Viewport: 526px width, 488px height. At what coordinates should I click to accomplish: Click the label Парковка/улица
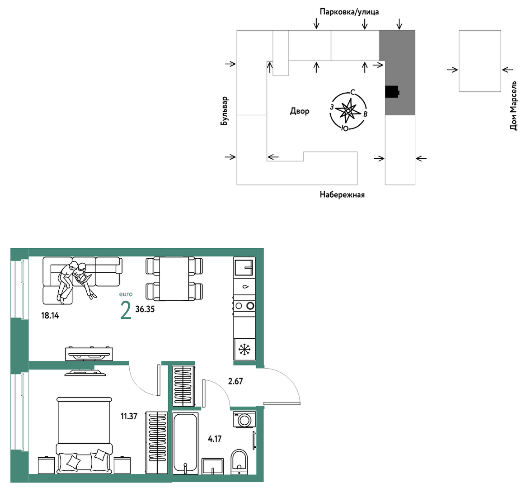pyautogui.click(x=349, y=12)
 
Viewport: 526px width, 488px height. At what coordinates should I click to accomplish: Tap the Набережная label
pyautogui.click(x=342, y=195)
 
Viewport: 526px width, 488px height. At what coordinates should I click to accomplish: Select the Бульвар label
pyautogui.click(x=224, y=111)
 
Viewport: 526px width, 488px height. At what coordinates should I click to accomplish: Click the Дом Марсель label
pyautogui.click(x=513, y=105)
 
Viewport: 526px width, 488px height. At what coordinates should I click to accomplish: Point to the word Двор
pyautogui.click(x=300, y=111)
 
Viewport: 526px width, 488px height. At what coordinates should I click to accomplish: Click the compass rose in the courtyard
pyautogui.click(x=348, y=110)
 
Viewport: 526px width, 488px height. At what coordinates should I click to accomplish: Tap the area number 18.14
pyautogui.click(x=50, y=315)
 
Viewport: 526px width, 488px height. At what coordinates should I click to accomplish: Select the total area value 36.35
pyautogui.click(x=145, y=309)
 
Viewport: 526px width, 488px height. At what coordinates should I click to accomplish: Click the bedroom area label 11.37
pyautogui.click(x=129, y=417)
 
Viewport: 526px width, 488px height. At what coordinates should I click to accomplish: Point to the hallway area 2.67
pyautogui.click(x=235, y=381)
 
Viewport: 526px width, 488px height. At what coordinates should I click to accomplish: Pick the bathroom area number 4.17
pyautogui.click(x=215, y=439)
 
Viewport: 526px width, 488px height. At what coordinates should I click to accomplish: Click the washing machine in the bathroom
pyautogui.click(x=244, y=420)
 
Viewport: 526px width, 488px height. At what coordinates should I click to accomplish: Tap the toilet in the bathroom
pyautogui.click(x=239, y=462)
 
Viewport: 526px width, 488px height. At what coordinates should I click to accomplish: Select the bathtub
pyautogui.click(x=185, y=443)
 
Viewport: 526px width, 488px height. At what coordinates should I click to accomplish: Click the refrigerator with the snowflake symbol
pyautogui.click(x=244, y=350)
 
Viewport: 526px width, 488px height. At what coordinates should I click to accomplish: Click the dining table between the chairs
pyautogui.click(x=174, y=279)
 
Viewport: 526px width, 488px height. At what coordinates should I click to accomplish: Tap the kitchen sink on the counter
pyautogui.click(x=244, y=266)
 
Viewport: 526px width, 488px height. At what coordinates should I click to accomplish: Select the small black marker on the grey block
pyautogui.click(x=392, y=92)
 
